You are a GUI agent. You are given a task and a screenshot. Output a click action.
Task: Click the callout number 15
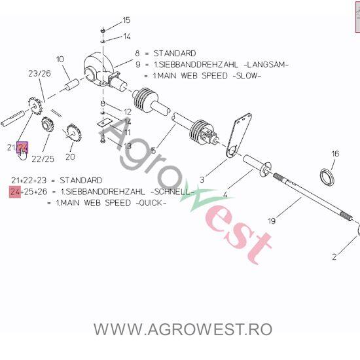pyautogui.click(x=126, y=20)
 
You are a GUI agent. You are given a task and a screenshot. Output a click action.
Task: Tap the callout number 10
pyautogui.click(x=60, y=59)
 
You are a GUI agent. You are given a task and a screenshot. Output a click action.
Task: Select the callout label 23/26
pyautogui.click(x=39, y=73)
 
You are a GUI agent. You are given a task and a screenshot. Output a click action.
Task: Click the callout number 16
pyautogui.click(x=335, y=154)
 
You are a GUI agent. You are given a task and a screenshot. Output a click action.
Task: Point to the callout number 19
pyautogui.click(x=272, y=221)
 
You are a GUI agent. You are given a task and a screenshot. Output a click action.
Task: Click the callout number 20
pyautogui.click(x=70, y=157)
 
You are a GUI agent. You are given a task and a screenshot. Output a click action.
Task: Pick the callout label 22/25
pyautogui.click(x=43, y=159)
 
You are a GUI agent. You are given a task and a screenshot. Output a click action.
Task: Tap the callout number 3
pyautogui.click(x=202, y=180)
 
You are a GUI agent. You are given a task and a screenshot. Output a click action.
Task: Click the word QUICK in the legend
pyautogui.click(x=151, y=203)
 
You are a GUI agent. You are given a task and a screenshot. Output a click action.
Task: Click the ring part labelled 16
pyautogui.click(x=327, y=177)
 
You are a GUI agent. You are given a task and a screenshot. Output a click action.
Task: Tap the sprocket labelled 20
pyautogui.click(x=73, y=132)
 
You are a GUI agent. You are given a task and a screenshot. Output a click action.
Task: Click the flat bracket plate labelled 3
pyautogui.click(x=239, y=135)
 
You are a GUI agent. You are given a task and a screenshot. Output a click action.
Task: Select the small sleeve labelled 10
pyautogui.click(x=71, y=84)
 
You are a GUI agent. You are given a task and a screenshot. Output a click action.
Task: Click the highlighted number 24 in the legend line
pyautogui.click(x=15, y=192)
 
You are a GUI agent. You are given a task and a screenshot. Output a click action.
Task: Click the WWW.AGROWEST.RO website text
pyautogui.click(x=183, y=329)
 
